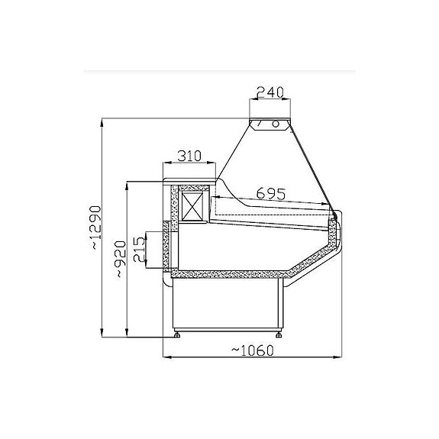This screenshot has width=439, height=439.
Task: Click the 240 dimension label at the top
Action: pos(270,92)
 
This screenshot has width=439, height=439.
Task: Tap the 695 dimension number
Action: pos(270,193)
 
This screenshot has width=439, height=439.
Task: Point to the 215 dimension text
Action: pos(140,248)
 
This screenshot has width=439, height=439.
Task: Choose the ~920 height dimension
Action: pos(119,259)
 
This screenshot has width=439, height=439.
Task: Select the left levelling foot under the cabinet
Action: pos(179,333)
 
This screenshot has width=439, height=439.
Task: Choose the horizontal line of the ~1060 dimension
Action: pos(252,357)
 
